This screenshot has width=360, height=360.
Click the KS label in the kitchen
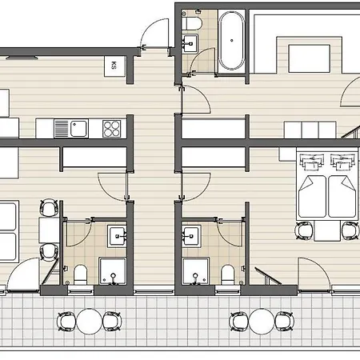[114, 65]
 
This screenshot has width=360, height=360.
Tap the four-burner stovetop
[111, 129]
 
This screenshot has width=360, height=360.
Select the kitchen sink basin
[78, 129]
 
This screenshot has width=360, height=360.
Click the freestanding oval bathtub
[231, 41]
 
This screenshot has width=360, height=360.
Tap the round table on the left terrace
[90, 322]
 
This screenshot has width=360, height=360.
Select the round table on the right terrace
[262, 322]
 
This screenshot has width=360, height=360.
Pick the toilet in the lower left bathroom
[80, 274]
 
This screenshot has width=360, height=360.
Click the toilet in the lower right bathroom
[227, 274]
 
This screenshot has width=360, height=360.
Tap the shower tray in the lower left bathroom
[113, 271]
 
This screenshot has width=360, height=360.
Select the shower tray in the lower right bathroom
[195, 271]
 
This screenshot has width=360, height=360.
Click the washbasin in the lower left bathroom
[117, 236]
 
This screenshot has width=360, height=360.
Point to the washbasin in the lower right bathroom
[191, 236]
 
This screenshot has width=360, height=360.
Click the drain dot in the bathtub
[231, 41]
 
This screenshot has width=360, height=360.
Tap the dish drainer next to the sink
[62, 129]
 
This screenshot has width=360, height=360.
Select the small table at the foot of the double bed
[327, 231]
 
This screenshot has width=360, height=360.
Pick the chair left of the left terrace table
[66, 322]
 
